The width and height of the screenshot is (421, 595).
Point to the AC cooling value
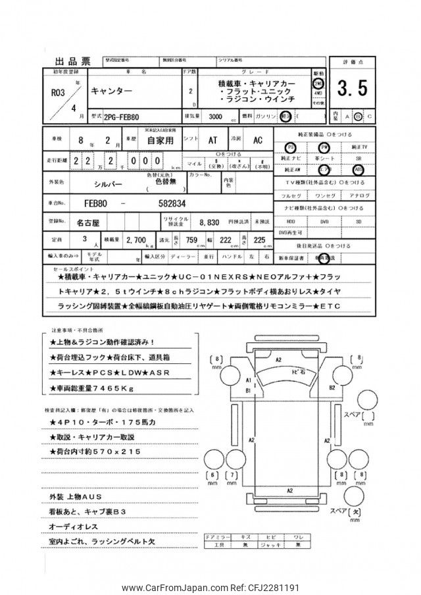pyautogui.click(x=258, y=140)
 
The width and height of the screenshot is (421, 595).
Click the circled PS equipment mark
pyautogui.click(x=291, y=146)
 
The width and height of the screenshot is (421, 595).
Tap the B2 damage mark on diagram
pyautogui.click(x=332, y=388)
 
